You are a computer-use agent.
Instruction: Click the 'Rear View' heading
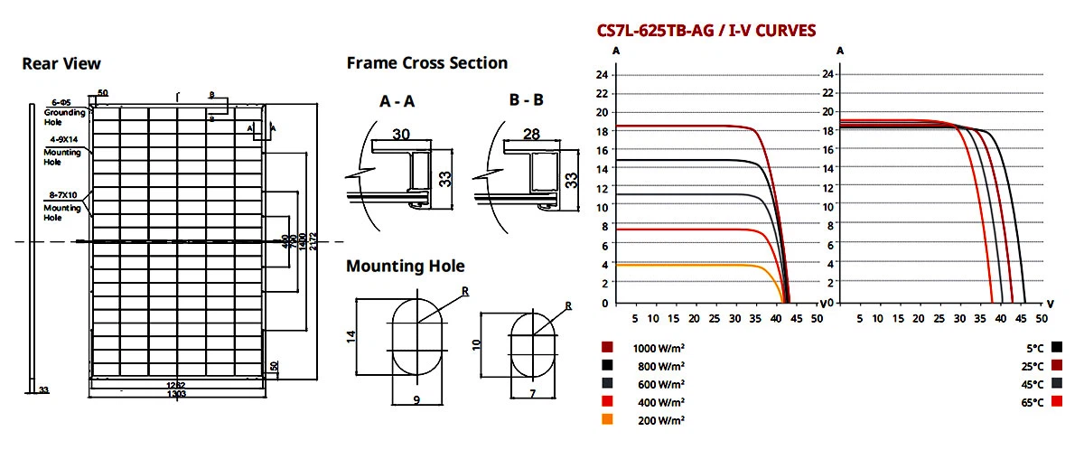61,64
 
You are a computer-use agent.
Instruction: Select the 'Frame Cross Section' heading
426,63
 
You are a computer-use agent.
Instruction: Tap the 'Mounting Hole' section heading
406,266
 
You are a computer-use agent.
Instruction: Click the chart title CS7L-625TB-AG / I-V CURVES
706,31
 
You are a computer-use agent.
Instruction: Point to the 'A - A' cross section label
397,102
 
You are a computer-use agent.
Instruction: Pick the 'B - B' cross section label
526,101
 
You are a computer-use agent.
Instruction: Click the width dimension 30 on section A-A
402,134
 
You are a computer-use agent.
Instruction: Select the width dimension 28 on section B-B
531,134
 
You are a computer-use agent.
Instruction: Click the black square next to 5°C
1058,347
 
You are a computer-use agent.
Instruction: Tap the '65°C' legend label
1032,401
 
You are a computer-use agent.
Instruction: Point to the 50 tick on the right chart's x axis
1041,318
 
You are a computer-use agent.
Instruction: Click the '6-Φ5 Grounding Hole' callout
63,111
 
